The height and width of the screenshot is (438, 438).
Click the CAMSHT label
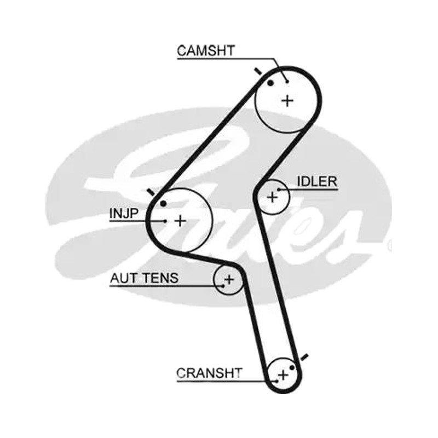point(206,50)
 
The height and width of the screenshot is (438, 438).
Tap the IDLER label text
point(317,182)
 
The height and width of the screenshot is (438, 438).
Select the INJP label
point(124,214)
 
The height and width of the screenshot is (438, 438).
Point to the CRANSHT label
point(209,373)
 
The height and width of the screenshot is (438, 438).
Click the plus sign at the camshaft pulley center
point(287,101)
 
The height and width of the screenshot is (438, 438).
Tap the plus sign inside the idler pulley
point(272,197)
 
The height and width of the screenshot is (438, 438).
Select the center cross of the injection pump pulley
point(180,221)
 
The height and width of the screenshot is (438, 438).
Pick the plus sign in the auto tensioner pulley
point(229,279)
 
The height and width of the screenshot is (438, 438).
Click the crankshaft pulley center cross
point(283,374)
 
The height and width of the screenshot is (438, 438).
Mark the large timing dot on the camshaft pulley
point(270,83)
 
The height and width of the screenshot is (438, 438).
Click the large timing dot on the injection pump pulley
point(163,204)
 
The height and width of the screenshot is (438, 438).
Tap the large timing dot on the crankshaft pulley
point(292,367)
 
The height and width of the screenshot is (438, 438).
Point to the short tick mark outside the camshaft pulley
point(258,72)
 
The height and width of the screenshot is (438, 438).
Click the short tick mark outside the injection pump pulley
point(151,192)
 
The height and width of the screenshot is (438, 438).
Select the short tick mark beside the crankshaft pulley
point(304,357)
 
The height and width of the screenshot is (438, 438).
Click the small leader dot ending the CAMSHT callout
point(287,81)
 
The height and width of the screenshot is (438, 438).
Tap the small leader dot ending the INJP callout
point(165,221)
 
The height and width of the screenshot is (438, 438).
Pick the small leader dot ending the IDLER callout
point(279,189)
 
